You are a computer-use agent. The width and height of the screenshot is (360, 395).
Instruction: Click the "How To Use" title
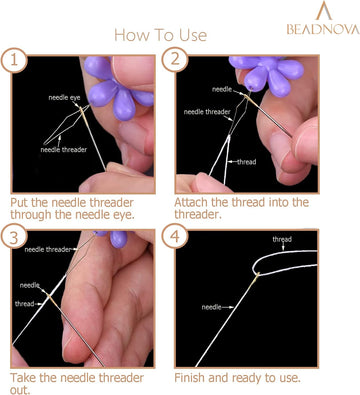coord(160,35)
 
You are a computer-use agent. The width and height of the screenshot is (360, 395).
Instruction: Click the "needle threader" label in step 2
coord(206,111)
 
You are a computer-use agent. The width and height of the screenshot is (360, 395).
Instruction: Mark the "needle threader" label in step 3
coord(48,248)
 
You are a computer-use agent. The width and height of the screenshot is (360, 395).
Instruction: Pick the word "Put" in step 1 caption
coord(23,201)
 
